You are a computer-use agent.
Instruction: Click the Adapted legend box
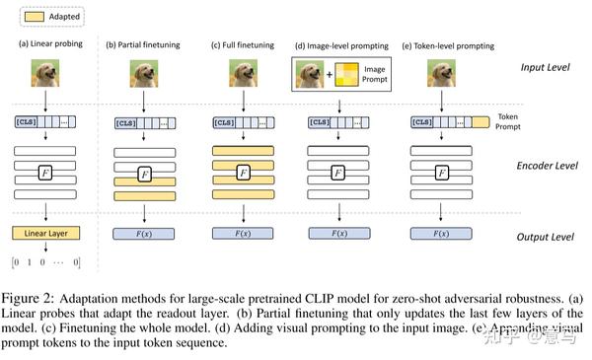pyautogui.click(x=31, y=18)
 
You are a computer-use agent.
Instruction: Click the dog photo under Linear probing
pyautogui.click(x=45, y=74)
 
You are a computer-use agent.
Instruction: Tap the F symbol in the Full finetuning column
pyautogui.click(x=242, y=173)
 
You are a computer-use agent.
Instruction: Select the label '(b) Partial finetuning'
pyautogui.click(x=144, y=43)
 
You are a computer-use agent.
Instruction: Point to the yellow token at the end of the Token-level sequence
pyautogui.click(x=481, y=122)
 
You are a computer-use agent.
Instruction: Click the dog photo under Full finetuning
pyautogui.click(x=243, y=74)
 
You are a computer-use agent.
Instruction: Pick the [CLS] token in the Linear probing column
pyautogui.click(x=26, y=122)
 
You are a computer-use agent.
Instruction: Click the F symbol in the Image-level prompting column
pyautogui.click(x=338, y=173)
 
